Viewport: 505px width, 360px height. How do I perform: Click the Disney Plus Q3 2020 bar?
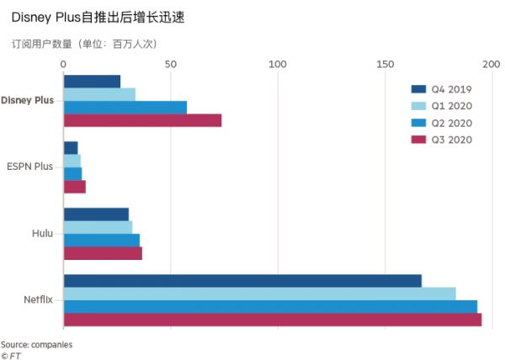click(142, 120)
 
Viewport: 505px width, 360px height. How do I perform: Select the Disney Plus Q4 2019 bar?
click(92, 82)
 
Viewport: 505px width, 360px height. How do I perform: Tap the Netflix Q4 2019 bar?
click(242, 281)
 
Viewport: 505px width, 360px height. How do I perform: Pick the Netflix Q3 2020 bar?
click(273, 320)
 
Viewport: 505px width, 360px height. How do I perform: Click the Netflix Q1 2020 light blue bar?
click(259, 294)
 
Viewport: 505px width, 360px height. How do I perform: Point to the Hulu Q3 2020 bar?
click(103, 253)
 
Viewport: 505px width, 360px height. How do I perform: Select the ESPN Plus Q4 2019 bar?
click(71, 147)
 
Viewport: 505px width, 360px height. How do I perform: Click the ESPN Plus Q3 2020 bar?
click(75, 187)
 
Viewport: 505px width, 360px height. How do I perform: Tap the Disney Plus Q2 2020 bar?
click(125, 108)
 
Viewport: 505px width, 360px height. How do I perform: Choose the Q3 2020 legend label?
click(452, 140)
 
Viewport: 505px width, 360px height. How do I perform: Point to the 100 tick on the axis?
click(277, 63)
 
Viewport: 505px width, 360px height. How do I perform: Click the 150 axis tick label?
click(385, 63)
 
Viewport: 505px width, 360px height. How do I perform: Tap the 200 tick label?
click(492, 63)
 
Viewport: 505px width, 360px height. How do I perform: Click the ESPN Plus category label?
click(29, 167)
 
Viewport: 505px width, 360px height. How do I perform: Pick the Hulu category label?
click(42, 233)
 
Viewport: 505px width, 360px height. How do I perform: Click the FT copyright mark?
click(11, 355)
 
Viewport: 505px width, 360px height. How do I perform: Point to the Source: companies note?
click(36, 345)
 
